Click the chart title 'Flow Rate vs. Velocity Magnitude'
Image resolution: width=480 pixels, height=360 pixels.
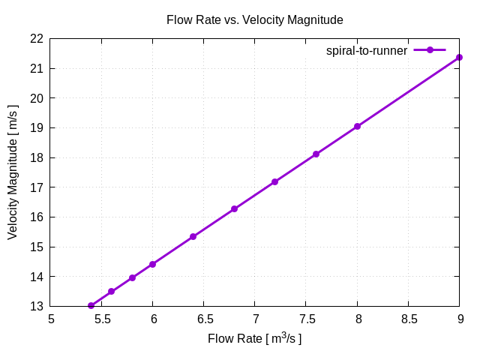(x=254, y=20)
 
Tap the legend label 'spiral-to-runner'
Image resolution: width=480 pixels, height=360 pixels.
(x=367, y=51)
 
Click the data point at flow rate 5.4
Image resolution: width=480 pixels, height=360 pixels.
(x=91, y=305)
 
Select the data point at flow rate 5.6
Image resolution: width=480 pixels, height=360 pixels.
(x=112, y=291)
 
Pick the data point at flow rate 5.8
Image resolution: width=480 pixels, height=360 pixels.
(x=133, y=277)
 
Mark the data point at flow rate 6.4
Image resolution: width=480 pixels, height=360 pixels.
(x=193, y=236)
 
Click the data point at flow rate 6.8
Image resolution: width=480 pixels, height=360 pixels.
(x=235, y=208)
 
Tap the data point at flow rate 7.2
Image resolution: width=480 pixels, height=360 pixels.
(x=275, y=181)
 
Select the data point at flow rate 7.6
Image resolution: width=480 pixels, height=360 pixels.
(x=316, y=154)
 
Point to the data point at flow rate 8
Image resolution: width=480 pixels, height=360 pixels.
(x=358, y=126)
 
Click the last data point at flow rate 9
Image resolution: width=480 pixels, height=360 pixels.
(x=460, y=57)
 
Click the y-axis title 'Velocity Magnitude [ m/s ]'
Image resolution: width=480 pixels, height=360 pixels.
(x=13, y=172)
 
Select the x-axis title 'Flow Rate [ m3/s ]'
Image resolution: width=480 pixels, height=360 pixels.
(x=254, y=339)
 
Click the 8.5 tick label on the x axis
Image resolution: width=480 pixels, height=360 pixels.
(x=409, y=318)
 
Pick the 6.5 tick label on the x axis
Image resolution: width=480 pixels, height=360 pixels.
(x=204, y=318)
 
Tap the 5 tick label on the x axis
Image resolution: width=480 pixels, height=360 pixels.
(x=51, y=318)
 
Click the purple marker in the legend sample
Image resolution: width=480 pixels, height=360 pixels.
(x=430, y=50)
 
